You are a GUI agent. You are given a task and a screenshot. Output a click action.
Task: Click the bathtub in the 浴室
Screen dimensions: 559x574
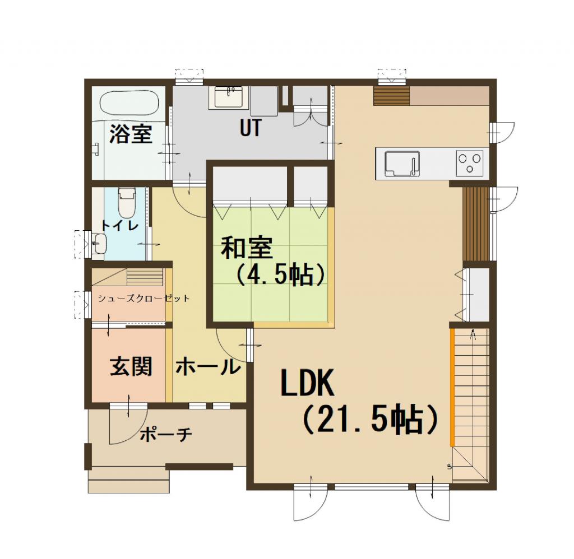(x=130, y=103)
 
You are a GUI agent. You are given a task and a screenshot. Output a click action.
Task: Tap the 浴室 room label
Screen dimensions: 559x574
(x=131, y=134)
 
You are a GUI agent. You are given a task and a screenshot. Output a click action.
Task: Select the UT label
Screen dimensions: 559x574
(x=250, y=128)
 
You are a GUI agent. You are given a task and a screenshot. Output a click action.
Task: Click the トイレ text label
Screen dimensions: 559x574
(x=119, y=225)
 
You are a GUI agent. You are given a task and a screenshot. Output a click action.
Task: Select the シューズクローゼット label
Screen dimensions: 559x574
(x=143, y=299)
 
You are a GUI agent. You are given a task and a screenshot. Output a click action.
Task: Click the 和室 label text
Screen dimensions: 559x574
(x=246, y=248)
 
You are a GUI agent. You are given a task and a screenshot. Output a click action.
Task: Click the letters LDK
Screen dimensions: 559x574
(x=307, y=384)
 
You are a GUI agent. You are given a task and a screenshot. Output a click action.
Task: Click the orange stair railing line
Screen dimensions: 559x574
(x=451, y=386)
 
